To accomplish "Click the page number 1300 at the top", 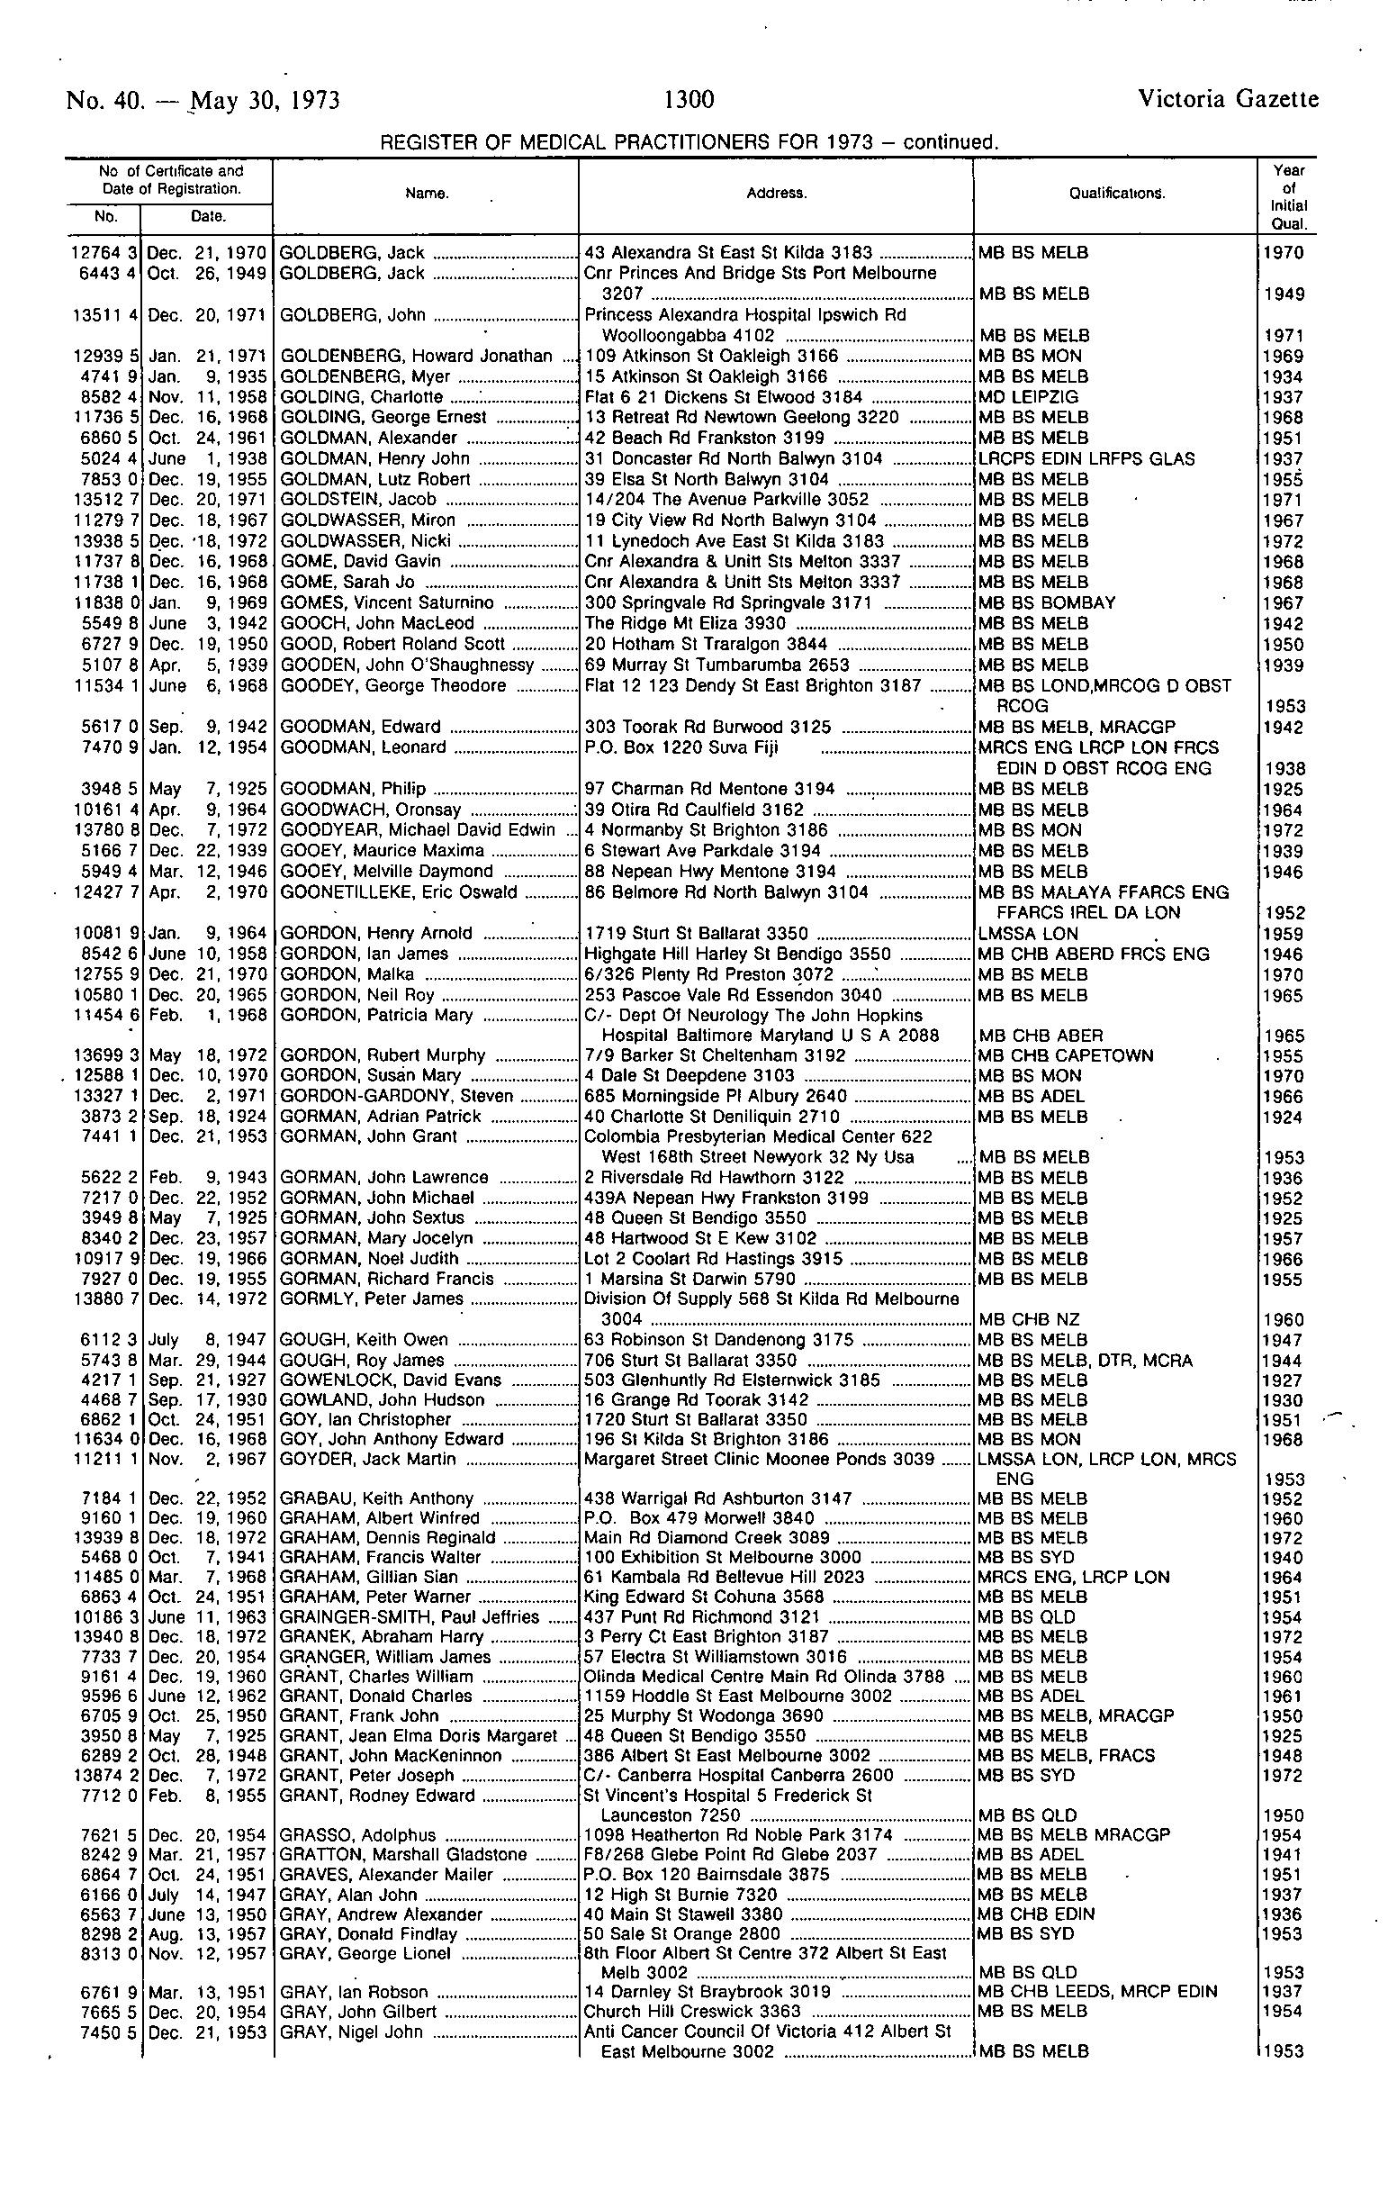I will tap(689, 99).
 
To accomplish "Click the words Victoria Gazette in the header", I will tap(1228, 99).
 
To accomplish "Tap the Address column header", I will tap(776, 194).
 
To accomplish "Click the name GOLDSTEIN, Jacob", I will tap(358, 500).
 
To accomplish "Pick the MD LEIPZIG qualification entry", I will tap(1028, 397).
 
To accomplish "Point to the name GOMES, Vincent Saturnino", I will tap(387, 602).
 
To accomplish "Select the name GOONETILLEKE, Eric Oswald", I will tap(398, 892).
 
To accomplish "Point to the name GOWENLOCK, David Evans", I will tap(391, 1380).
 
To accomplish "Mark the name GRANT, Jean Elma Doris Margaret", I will tap(419, 1736).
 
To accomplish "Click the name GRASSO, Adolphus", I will tap(358, 1835).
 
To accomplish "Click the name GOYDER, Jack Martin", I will tap(368, 1460).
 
